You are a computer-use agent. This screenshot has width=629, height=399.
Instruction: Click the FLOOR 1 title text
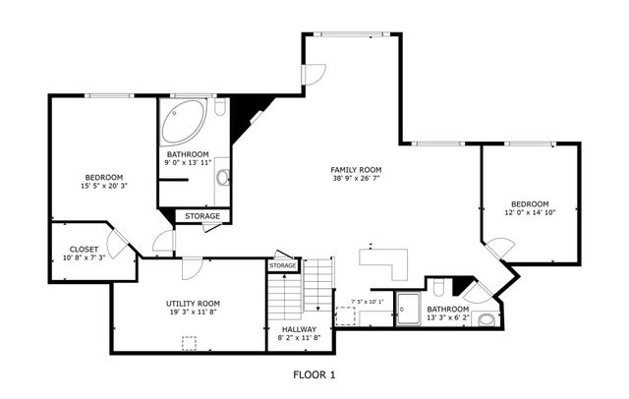click(x=314, y=374)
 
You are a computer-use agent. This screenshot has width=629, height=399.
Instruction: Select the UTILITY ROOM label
click(x=193, y=304)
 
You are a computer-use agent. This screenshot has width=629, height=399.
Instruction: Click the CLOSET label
click(x=84, y=250)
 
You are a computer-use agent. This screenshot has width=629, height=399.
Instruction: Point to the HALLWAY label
click(x=299, y=329)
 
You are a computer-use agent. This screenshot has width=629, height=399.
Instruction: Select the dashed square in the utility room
click(x=189, y=342)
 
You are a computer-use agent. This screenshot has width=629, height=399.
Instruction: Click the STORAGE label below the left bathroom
click(x=203, y=215)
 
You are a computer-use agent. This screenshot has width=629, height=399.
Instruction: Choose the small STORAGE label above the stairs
click(x=283, y=265)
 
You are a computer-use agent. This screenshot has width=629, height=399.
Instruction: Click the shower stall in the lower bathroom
click(x=408, y=308)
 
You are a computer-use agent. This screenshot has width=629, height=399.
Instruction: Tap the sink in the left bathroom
click(x=222, y=178)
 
